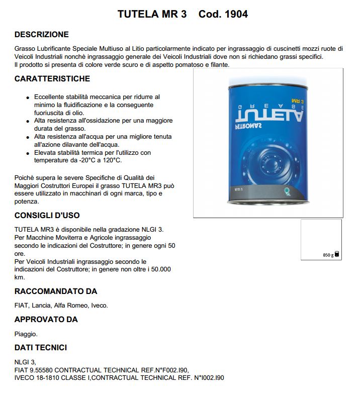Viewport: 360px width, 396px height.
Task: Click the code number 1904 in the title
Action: [236, 14]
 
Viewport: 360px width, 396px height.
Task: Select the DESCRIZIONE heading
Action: [42, 35]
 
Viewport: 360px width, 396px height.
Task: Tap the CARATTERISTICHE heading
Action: [52, 79]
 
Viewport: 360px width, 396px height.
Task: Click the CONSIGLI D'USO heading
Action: [47, 216]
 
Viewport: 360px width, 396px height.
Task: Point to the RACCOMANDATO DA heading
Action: [56, 291]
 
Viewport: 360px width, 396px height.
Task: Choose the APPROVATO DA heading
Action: [46, 320]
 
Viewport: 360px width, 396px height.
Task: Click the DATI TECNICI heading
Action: [41, 348]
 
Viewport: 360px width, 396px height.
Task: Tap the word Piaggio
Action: [26, 333]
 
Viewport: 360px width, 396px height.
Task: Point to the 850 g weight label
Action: [327, 255]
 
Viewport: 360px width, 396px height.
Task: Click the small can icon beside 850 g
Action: [337, 254]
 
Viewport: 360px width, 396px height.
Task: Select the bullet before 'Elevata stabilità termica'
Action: [27, 153]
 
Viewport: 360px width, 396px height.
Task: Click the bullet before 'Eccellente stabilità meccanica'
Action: [27, 97]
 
